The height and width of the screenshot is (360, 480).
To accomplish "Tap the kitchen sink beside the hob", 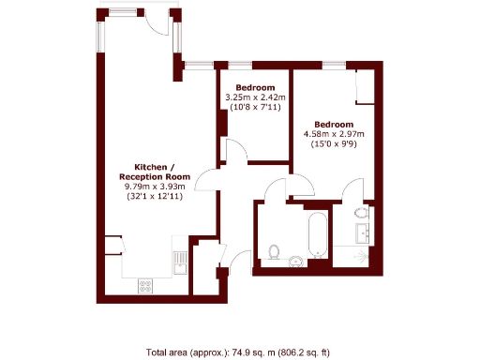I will (176, 260).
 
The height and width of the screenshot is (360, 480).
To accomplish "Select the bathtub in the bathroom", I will (317, 235).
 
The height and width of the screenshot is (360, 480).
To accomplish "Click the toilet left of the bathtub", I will (275, 251).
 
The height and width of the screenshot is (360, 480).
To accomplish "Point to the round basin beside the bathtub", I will (295, 262).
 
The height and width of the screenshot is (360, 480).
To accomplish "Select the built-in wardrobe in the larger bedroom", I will (365, 88).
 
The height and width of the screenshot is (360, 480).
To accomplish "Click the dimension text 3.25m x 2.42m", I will (255, 97).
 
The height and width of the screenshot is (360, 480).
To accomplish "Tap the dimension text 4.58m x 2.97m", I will (334, 134).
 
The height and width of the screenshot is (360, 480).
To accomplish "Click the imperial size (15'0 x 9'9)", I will (334, 143).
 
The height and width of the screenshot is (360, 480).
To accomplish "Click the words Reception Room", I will (155, 176).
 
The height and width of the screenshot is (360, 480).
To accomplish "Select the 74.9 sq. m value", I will (245, 353).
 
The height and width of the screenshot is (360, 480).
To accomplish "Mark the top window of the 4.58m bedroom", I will (334, 66).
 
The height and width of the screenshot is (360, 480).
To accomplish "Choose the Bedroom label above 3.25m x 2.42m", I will (255, 87).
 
